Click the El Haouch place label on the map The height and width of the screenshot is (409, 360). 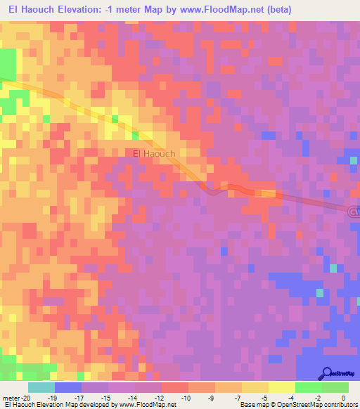click(x=154, y=152)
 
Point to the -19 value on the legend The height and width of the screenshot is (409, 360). click(x=55, y=397)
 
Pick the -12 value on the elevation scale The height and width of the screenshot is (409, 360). click(x=162, y=397)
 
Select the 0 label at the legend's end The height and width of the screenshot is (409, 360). click(x=344, y=397)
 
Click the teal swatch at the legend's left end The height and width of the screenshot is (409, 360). click(x=41, y=387)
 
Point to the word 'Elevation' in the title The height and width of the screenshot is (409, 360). click(x=77, y=9)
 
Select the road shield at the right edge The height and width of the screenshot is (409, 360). click(x=354, y=210)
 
